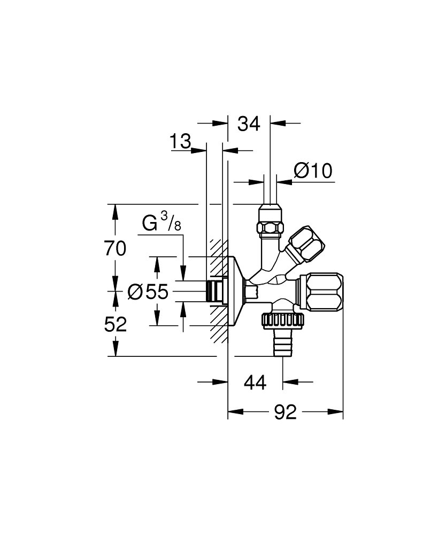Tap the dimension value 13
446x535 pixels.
click(181, 142)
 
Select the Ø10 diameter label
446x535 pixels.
click(313, 171)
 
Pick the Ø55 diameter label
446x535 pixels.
click(148, 292)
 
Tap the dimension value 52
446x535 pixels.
click(116, 324)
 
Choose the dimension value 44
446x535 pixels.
click(255, 383)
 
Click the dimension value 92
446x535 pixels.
click(286, 413)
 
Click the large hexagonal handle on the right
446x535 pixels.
click(325, 291)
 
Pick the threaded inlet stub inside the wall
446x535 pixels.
click(214, 291)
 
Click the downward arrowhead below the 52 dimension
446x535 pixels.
click(116, 348)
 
